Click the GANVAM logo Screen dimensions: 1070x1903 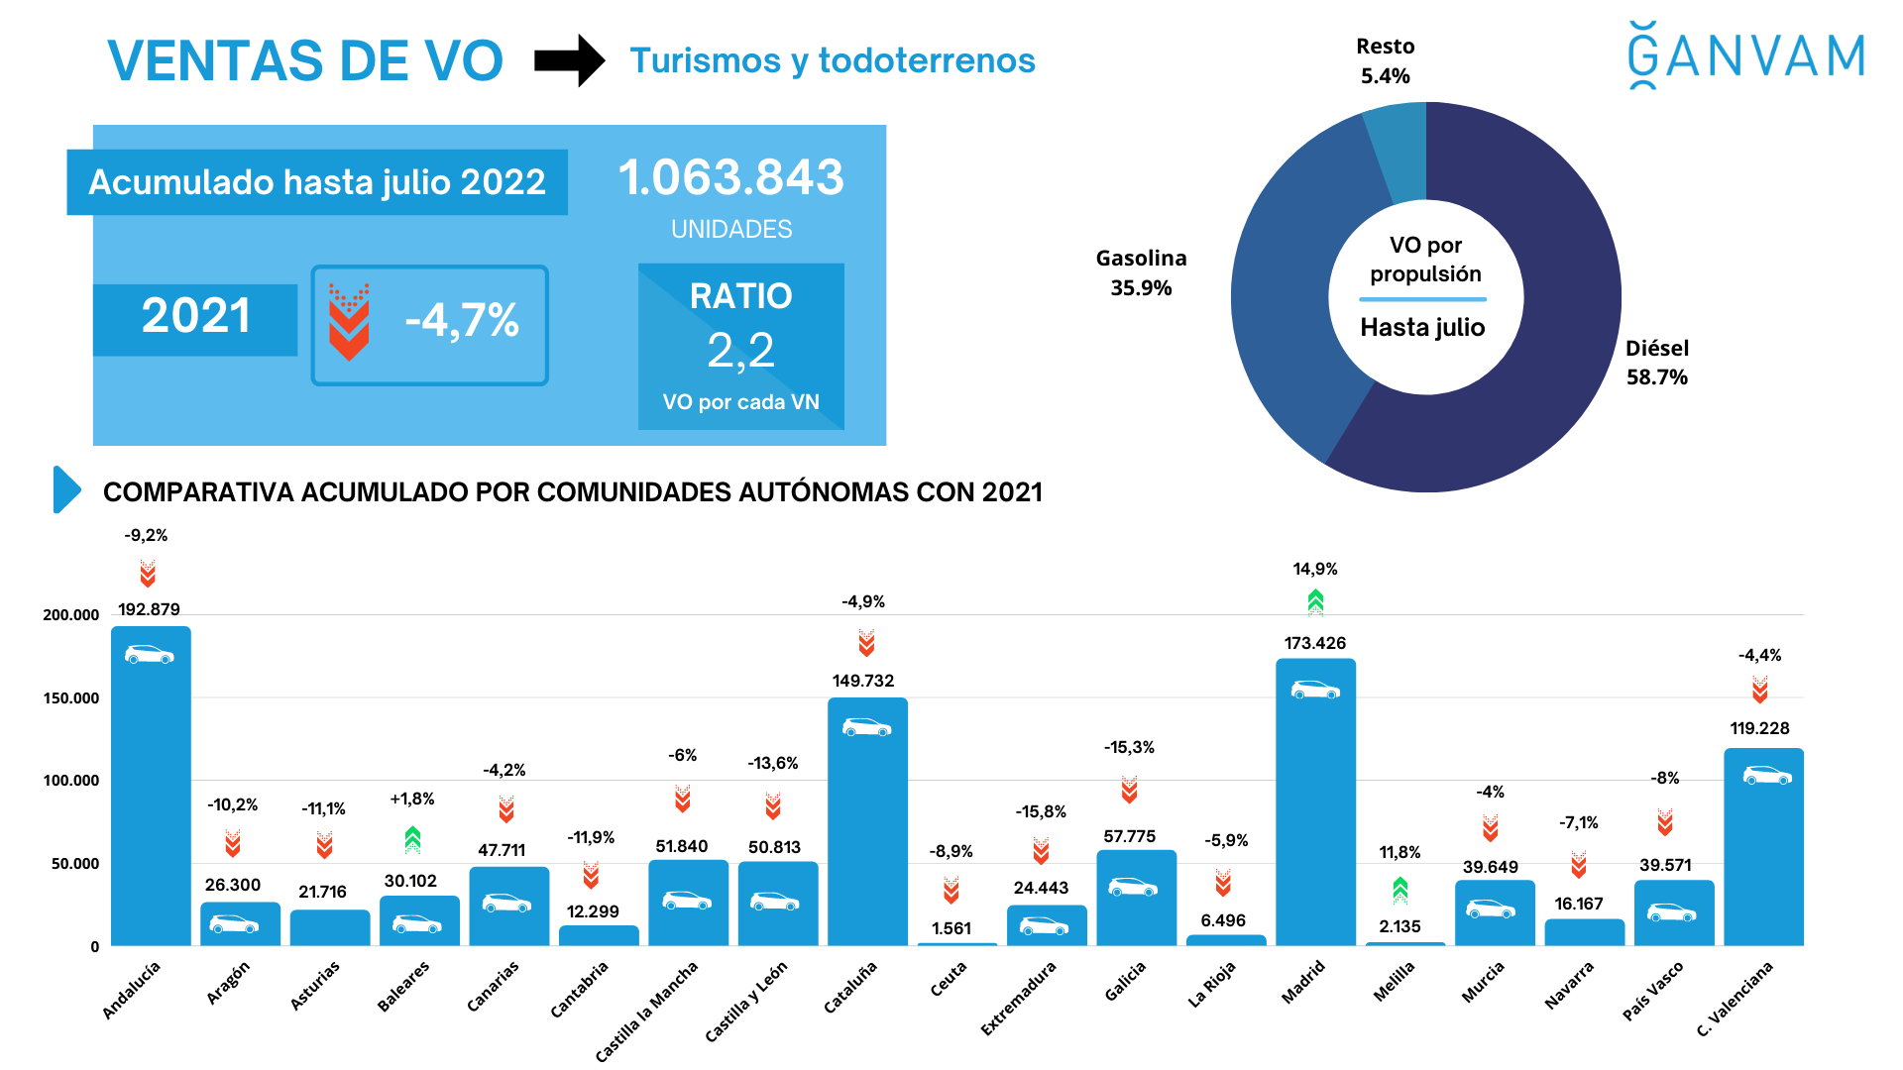tap(1746, 55)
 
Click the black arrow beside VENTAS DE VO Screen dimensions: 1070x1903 tap(569, 60)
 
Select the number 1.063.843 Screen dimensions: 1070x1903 tap(730, 178)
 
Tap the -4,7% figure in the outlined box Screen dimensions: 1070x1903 tap(462, 321)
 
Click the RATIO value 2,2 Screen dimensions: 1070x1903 tap(740, 351)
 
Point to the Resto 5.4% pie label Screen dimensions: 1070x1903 tap(1385, 61)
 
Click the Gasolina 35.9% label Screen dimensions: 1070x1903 tap(1141, 272)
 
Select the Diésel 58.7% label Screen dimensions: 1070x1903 tap(1656, 363)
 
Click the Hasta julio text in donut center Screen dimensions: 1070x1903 tap(1422, 328)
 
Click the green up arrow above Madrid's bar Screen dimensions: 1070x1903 tap(1315, 601)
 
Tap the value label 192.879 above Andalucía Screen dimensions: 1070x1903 tap(149, 609)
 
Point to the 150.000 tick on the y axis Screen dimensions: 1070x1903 tap(71, 697)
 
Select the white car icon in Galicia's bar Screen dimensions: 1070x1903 tap(1132, 887)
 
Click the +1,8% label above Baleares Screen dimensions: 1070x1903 tap(411, 799)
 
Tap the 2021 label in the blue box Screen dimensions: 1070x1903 tap(195, 317)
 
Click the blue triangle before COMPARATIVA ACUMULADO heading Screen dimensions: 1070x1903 tap(65, 489)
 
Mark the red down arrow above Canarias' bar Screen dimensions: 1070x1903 tap(506, 810)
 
